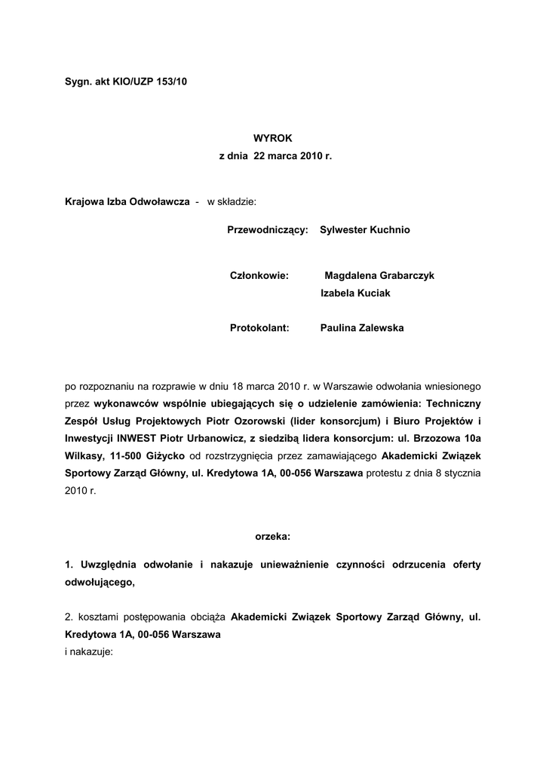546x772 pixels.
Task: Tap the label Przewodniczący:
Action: pyautogui.click(x=268, y=229)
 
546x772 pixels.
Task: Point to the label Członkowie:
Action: pyautogui.click(x=259, y=276)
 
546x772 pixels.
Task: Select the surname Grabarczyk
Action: pyautogui.click(x=406, y=276)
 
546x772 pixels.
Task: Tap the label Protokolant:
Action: pyautogui.click(x=259, y=328)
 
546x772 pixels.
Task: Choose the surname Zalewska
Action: pyautogui.click(x=377, y=328)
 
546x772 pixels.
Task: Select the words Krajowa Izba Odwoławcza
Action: pyautogui.click(x=127, y=203)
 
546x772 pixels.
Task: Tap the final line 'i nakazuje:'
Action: pyautogui.click(x=88, y=651)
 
